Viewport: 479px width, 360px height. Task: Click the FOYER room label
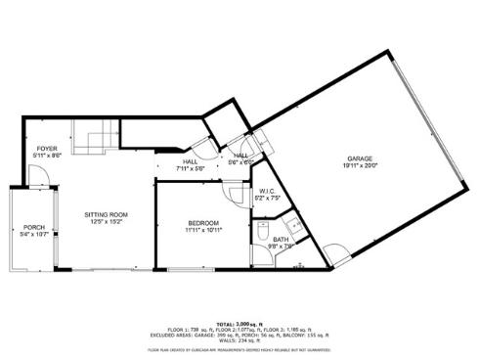coord(47,148)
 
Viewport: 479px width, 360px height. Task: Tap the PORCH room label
coord(34,227)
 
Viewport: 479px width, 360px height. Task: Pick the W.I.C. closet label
coord(266,192)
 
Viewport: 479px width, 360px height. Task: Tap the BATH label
coord(281,241)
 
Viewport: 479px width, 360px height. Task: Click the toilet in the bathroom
coord(262,231)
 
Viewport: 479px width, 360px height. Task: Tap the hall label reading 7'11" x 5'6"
coord(189,169)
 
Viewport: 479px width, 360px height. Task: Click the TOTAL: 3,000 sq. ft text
coord(239,322)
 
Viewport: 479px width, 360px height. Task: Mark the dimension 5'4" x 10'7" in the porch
coord(34,235)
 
